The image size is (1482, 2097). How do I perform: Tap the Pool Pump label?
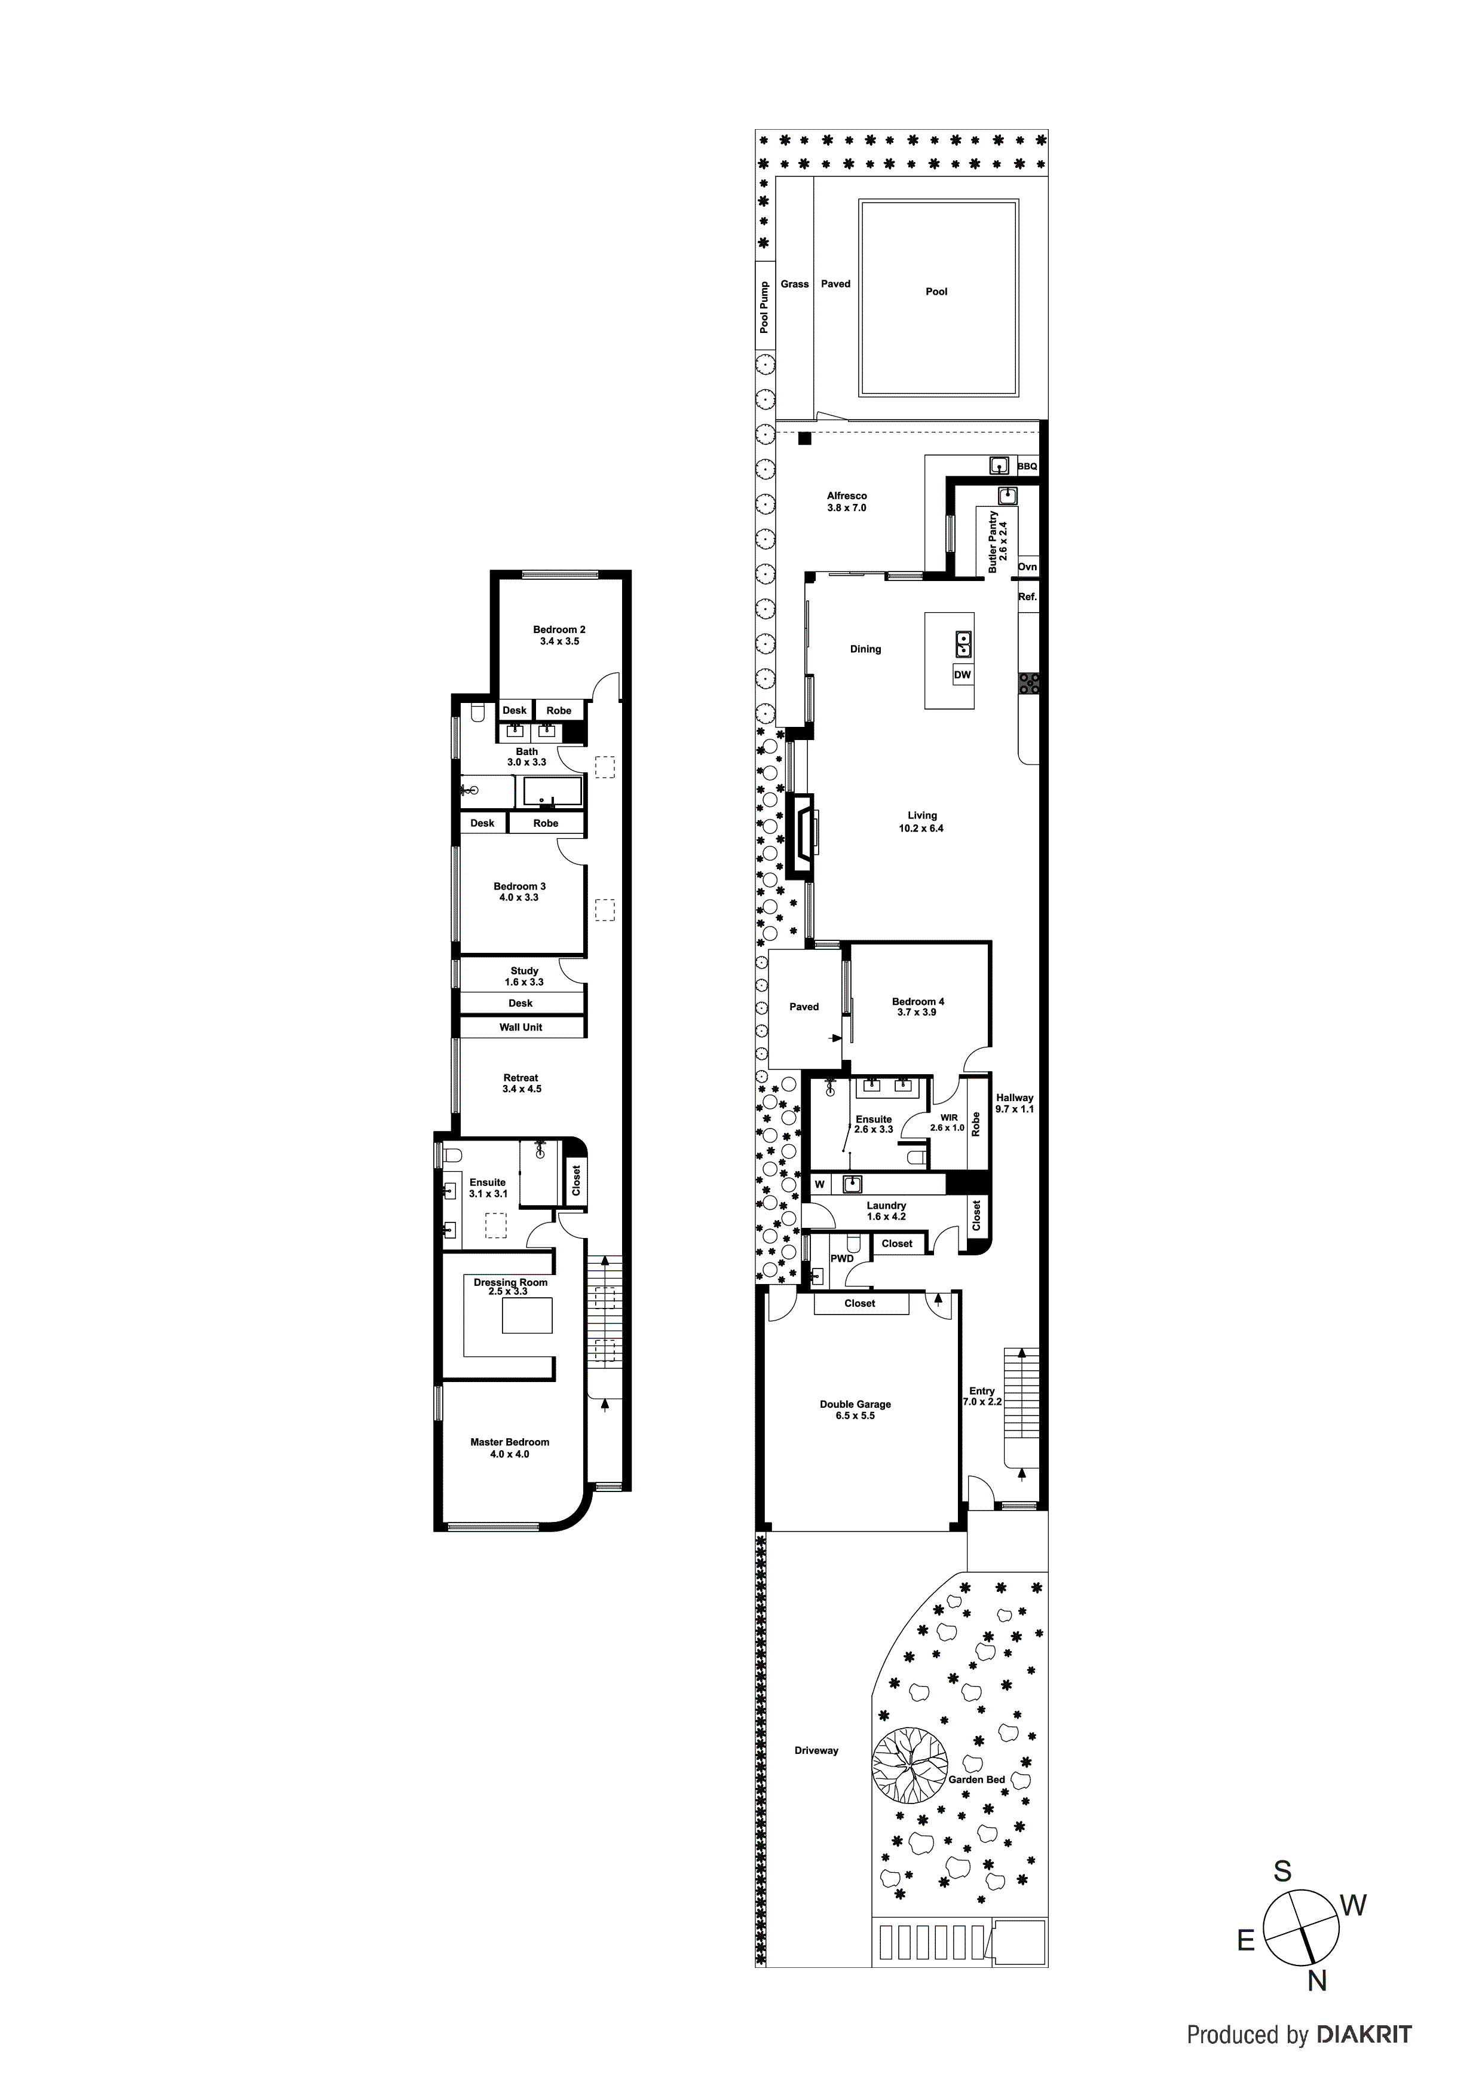[x=764, y=307]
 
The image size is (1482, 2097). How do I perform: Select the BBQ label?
[x=1027, y=467]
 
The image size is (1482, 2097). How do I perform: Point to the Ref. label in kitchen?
[x=1027, y=597]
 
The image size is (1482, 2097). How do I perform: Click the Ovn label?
[x=1027, y=567]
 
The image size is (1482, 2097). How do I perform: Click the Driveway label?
[x=816, y=1751]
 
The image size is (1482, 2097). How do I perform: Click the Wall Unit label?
[x=520, y=1028]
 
